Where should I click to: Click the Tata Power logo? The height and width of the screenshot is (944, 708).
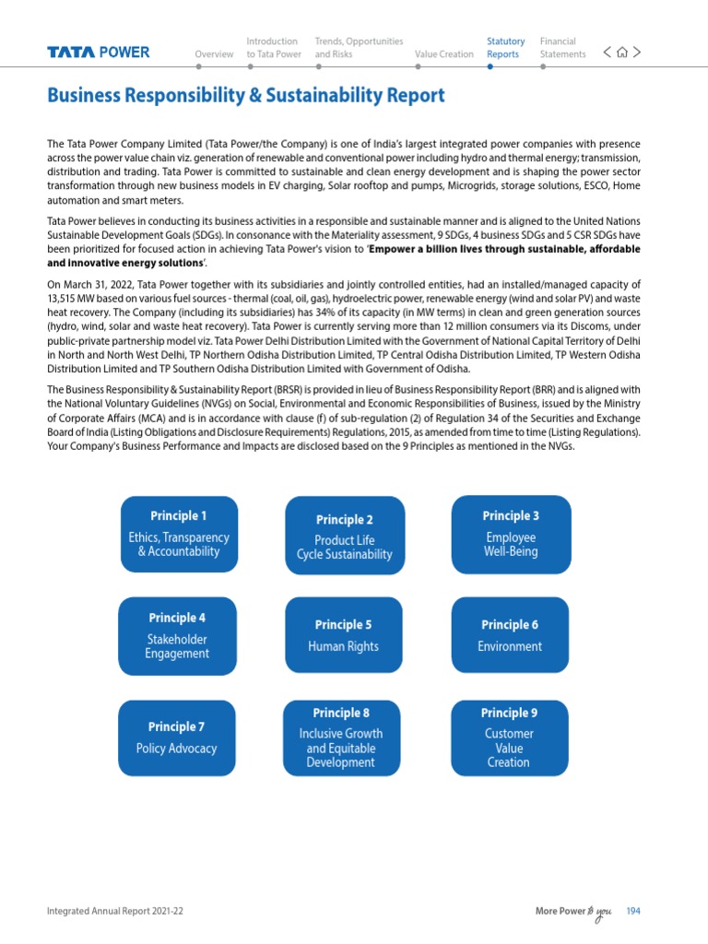click(x=99, y=53)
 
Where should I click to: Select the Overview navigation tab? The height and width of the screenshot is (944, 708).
click(x=214, y=54)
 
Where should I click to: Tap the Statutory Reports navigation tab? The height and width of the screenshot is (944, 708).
click(x=505, y=48)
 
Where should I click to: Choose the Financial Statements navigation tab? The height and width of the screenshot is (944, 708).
click(x=562, y=48)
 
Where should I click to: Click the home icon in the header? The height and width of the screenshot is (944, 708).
click(x=622, y=53)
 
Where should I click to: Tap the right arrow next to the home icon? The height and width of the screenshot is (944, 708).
click(x=637, y=53)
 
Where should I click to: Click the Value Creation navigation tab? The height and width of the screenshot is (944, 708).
click(x=443, y=54)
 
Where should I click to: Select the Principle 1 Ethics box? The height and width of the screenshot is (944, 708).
click(x=179, y=534)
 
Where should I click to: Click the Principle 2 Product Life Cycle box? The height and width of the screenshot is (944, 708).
click(x=344, y=537)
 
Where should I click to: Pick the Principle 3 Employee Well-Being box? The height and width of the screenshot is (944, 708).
click(x=511, y=534)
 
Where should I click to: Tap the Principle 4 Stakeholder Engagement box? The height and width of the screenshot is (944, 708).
click(x=177, y=636)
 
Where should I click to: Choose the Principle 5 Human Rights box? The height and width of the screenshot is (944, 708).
click(x=343, y=636)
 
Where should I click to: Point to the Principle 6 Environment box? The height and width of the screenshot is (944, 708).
click(x=510, y=636)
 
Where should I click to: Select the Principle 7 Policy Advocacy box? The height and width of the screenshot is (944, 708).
click(x=177, y=737)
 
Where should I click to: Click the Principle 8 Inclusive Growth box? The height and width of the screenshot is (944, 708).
click(x=341, y=737)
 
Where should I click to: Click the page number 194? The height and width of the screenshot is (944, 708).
click(x=632, y=912)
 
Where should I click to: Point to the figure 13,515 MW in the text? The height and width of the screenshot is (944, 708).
click(x=73, y=300)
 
